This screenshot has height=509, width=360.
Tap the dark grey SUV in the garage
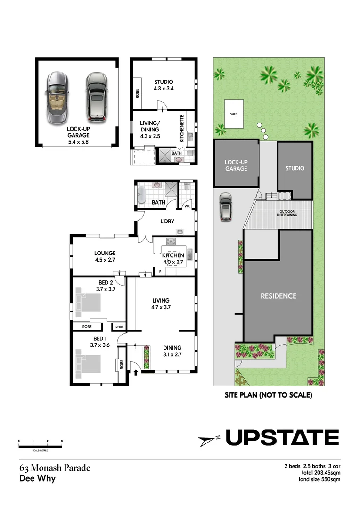96,96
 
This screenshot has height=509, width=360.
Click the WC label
187,206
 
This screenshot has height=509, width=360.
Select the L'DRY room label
168,221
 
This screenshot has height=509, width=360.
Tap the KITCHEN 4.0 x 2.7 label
173,258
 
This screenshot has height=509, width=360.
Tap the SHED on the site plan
234,114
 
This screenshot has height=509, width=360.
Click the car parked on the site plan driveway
225,207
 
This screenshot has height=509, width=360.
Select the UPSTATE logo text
282,438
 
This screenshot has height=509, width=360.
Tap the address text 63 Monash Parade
55,468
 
